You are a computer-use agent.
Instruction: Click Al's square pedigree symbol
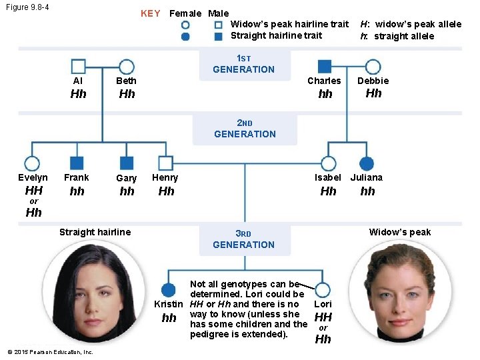78,67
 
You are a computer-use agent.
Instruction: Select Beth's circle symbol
127,67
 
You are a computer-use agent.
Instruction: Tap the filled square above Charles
325,67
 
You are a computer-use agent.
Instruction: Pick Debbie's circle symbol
373,67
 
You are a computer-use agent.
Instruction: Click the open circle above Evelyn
32,163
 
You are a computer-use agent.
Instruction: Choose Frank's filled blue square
77,163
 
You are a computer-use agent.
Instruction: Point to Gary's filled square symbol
127,163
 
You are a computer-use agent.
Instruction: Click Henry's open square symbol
166,163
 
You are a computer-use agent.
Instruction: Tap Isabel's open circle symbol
328,163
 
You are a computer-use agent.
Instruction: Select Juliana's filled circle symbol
366,163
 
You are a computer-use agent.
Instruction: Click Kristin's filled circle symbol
169,290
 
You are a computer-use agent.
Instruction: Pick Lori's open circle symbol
323,290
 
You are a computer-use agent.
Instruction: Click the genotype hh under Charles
325,94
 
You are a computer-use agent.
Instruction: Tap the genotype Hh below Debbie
373,93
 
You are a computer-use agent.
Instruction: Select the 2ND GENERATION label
245,129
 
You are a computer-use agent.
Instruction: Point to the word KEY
150,13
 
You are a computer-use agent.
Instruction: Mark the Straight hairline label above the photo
95,232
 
